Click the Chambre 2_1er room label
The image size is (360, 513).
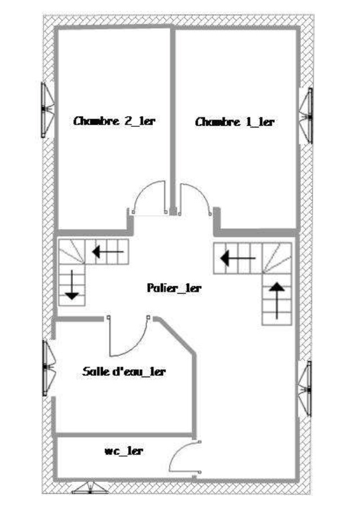(x=114, y=121)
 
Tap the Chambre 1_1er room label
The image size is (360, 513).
(x=235, y=122)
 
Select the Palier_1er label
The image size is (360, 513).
(x=174, y=288)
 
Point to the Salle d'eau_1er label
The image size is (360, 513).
(x=124, y=372)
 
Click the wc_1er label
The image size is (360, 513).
(x=124, y=451)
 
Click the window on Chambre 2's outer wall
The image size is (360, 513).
(x=47, y=110)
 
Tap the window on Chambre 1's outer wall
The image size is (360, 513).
(x=306, y=116)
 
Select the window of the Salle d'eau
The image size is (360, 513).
(x=49, y=368)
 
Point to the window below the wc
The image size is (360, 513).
(x=90, y=488)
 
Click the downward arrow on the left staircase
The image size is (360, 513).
(x=72, y=285)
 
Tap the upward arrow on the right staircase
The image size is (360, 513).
(x=277, y=300)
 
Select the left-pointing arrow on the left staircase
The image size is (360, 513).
(x=108, y=252)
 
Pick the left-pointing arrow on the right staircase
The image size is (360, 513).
(x=238, y=258)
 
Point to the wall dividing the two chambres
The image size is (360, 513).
(x=173, y=121)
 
